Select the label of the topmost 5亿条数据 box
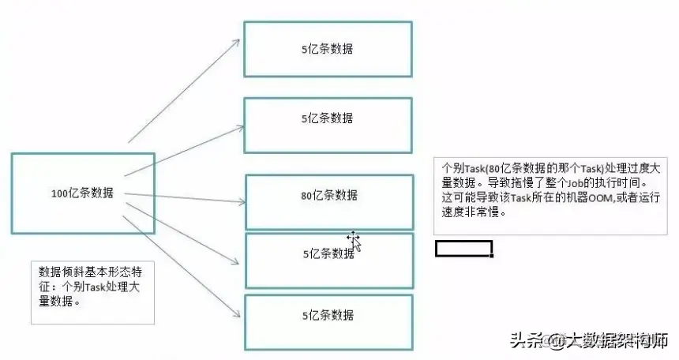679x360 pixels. coord(327,48)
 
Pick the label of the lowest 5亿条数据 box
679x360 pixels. coord(327,315)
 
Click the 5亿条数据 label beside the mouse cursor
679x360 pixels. coord(327,254)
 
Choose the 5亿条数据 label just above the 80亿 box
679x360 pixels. coord(327,118)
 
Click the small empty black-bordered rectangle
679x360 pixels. coord(464,249)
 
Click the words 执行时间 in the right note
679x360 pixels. coord(632,182)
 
